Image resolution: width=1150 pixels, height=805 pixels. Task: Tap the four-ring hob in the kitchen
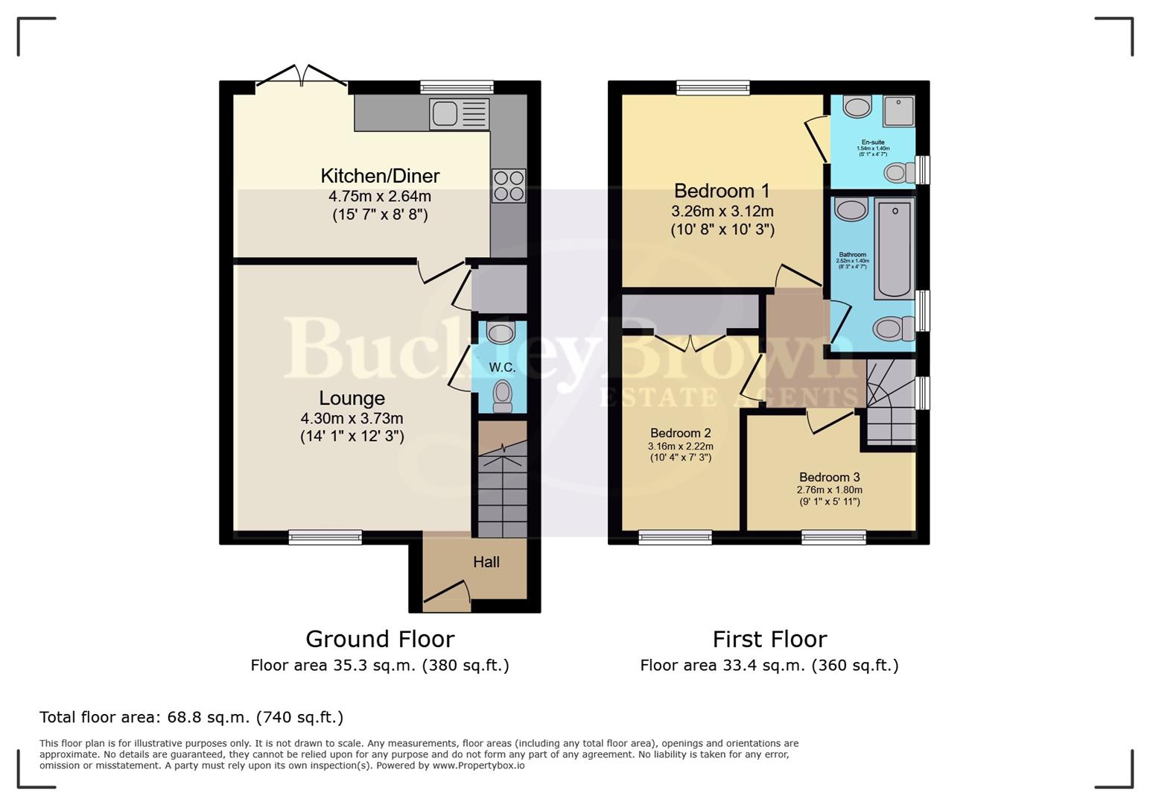tap(508, 186)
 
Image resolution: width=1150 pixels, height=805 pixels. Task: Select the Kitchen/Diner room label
tap(380, 176)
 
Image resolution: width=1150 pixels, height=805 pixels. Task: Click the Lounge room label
tap(352, 398)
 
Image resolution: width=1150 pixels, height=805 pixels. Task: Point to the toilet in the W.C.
tap(503, 394)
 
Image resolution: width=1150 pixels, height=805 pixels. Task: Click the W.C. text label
tap(502, 367)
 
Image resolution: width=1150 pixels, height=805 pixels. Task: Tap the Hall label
tap(486, 562)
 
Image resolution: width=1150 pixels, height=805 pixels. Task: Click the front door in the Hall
tap(447, 593)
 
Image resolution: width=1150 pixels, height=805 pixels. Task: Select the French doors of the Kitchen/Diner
tap(302, 77)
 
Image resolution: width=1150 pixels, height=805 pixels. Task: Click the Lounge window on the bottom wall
tap(325, 537)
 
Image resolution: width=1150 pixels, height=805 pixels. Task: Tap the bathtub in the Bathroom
tap(894, 249)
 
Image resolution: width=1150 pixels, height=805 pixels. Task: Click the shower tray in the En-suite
tap(898, 111)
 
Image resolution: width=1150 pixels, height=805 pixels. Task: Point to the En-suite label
tap(873, 142)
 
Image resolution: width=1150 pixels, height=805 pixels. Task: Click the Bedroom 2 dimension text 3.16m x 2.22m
tap(680, 446)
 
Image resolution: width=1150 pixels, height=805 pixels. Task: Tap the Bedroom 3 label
tap(829, 477)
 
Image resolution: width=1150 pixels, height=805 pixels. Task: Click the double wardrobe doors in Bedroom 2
tap(691, 342)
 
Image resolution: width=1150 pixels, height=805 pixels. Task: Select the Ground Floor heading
tap(380, 640)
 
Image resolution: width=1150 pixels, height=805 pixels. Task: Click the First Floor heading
tap(769, 640)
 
